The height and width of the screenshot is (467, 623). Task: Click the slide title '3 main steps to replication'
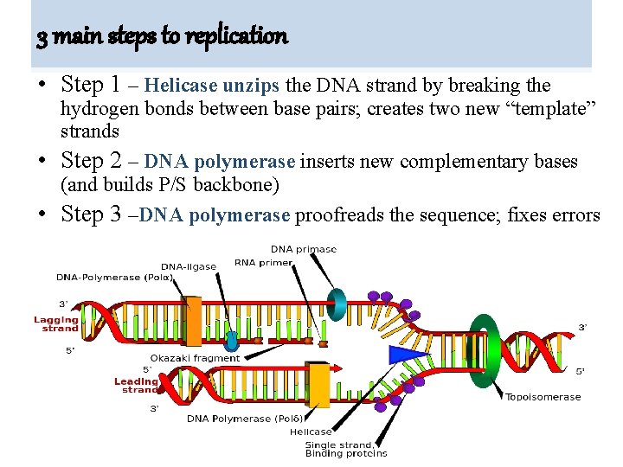pos(162,36)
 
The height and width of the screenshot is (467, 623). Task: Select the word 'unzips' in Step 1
pos(252,86)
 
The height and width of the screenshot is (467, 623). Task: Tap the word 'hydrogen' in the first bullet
pos(93,109)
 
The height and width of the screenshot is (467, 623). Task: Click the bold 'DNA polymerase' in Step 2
pos(220,163)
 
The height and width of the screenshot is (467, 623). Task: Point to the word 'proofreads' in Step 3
pos(343,215)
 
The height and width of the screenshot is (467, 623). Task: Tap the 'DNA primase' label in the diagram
pos(303,249)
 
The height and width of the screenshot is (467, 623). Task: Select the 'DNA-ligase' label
pos(189,266)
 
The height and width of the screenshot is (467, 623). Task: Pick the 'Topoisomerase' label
pos(543,397)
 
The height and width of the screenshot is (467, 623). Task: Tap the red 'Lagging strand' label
pos(56,323)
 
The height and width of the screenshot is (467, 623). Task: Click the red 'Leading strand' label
pos(136,385)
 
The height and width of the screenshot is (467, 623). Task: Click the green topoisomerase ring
pos(484,350)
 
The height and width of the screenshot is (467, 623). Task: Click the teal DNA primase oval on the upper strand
pos(335,304)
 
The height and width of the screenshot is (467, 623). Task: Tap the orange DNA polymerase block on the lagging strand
pos(193,321)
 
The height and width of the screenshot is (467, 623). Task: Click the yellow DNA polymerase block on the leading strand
pos(319,385)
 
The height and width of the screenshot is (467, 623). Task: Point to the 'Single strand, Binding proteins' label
pos(345,449)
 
